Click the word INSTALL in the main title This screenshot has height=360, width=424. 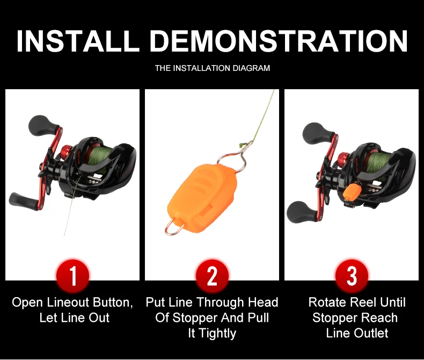click(78, 41)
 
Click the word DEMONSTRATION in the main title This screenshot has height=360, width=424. click(279, 41)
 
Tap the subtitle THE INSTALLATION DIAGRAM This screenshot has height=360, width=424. click(213, 68)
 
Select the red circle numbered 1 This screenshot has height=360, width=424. click(73, 276)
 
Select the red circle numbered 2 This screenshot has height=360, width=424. click(212, 276)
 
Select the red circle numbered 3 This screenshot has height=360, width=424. click(352, 276)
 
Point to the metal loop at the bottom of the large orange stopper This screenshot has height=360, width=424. click(173, 228)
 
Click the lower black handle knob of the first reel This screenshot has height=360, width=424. click(23, 201)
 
